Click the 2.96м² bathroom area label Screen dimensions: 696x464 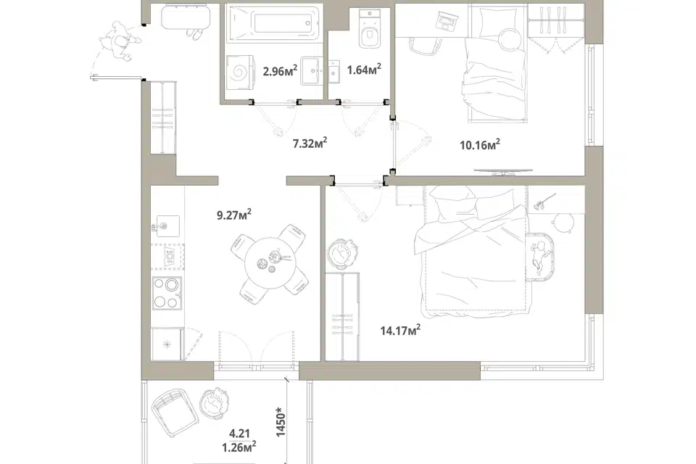[x=280, y=70]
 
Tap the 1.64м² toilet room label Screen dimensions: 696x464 [x=364, y=70]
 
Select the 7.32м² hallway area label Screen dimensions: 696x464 [x=310, y=143]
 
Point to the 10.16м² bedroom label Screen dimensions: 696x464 [x=480, y=145]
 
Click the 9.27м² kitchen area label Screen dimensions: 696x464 [x=234, y=215]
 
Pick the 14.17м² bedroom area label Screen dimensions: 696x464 [x=400, y=330]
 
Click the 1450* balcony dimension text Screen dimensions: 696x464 [x=281, y=422]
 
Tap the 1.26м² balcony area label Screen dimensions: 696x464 [x=239, y=447]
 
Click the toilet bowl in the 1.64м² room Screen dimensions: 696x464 [x=370, y=31]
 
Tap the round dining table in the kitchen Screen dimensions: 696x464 [x=270, y=264]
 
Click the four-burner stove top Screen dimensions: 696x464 [x=167, y=293]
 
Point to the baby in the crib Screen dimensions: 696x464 [x=539, y=256]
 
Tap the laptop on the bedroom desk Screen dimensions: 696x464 [x=447, y=20]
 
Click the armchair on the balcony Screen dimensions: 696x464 [x=175, y=412]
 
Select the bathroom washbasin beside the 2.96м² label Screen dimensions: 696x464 [x=315, y=70]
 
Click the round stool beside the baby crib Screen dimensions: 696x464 [x=563, y=222]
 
